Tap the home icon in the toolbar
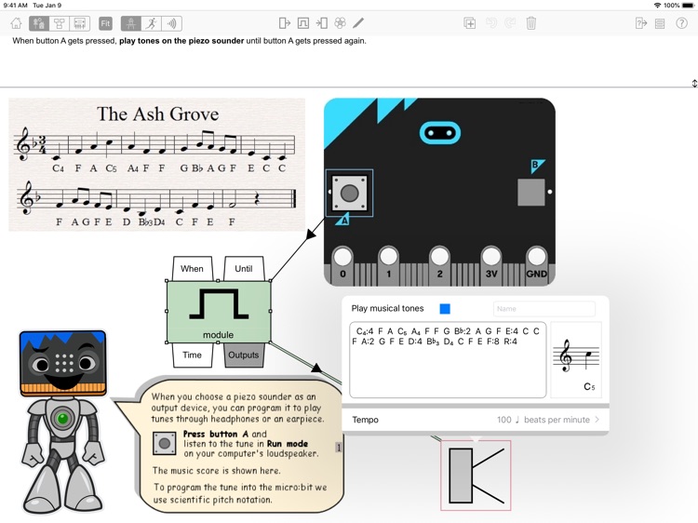(x=17, y=23)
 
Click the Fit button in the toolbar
(x=105, y=23)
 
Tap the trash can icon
(x=531, y=23)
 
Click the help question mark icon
(x=681, y=23)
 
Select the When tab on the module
(x=192, y=268)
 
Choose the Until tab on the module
(x=244, y=268)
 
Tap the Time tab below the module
(x=192, y=355)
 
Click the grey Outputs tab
(x=243, y=355)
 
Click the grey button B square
(x=531, y=193)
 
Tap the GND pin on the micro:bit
(x=536, y=265)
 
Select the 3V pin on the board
(x=491, y=265)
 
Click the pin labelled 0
(x=342, y=265)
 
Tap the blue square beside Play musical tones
(x=445, y=309)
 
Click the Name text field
(x=544, y=309)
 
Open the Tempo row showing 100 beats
(x=475, y=420)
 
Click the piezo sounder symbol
(x=476, y=476)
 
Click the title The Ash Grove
(x=158, y=114)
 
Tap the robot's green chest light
(x=62, y=418)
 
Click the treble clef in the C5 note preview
(x=566, y=355)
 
